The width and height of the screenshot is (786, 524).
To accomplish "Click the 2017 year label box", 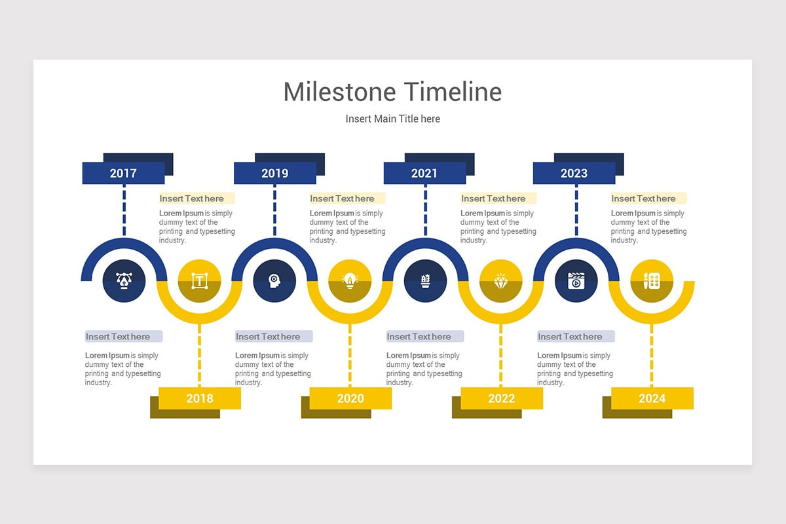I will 123,173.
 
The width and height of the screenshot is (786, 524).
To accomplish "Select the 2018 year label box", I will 200,398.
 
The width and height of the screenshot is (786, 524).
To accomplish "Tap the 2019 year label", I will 274,173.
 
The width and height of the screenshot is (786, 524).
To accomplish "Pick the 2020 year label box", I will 350,398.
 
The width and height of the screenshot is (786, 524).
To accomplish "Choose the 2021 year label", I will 424,173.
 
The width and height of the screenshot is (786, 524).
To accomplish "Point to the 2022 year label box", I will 502,398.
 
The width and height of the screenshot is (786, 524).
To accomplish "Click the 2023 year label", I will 574,173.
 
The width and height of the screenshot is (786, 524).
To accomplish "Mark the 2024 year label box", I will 652,398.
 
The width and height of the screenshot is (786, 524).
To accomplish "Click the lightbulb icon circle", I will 350,281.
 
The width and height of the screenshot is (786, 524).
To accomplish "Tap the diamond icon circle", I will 500,281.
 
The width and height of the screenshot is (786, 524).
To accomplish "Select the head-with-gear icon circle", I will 274,281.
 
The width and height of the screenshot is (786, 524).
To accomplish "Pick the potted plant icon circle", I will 425,281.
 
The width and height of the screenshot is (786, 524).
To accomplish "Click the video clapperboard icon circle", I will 576,281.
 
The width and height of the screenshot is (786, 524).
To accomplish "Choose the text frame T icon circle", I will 199,281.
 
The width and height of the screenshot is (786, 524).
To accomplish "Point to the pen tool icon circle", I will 124,281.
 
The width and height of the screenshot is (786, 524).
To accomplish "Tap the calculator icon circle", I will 651,281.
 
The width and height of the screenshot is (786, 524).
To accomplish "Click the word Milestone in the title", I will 340,92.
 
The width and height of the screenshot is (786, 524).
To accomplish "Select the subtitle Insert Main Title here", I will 393,119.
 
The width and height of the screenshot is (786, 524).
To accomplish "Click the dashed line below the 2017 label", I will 124,210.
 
